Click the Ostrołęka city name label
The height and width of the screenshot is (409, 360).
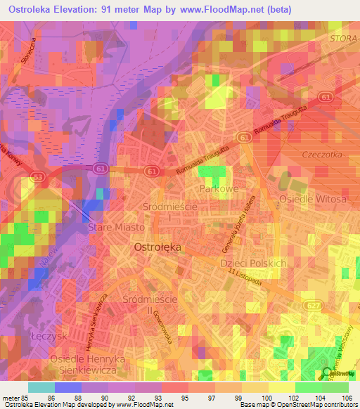[x=157, y=247]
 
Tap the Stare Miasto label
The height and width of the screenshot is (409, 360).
[x=116, y=228]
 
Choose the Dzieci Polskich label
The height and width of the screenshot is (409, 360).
[x=254, y=263]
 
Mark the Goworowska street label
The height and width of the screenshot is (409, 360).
[x=171, y=327]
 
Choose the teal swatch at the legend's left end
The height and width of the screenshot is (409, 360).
[x=41, y=387]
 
